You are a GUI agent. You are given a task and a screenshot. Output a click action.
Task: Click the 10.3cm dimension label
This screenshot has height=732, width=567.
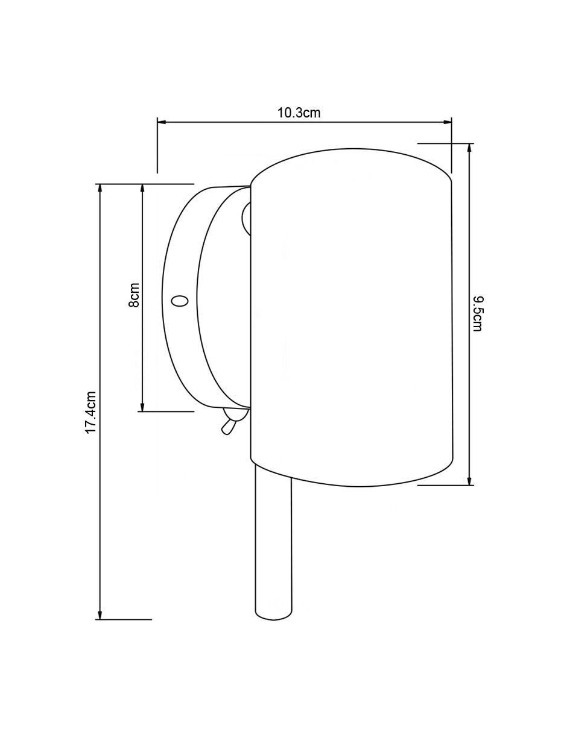pos(299,113)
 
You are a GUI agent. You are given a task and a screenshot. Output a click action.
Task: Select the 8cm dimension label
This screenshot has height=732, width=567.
pos(134,295)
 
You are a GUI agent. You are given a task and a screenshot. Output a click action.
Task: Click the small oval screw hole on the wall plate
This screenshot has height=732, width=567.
pos(180,301)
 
